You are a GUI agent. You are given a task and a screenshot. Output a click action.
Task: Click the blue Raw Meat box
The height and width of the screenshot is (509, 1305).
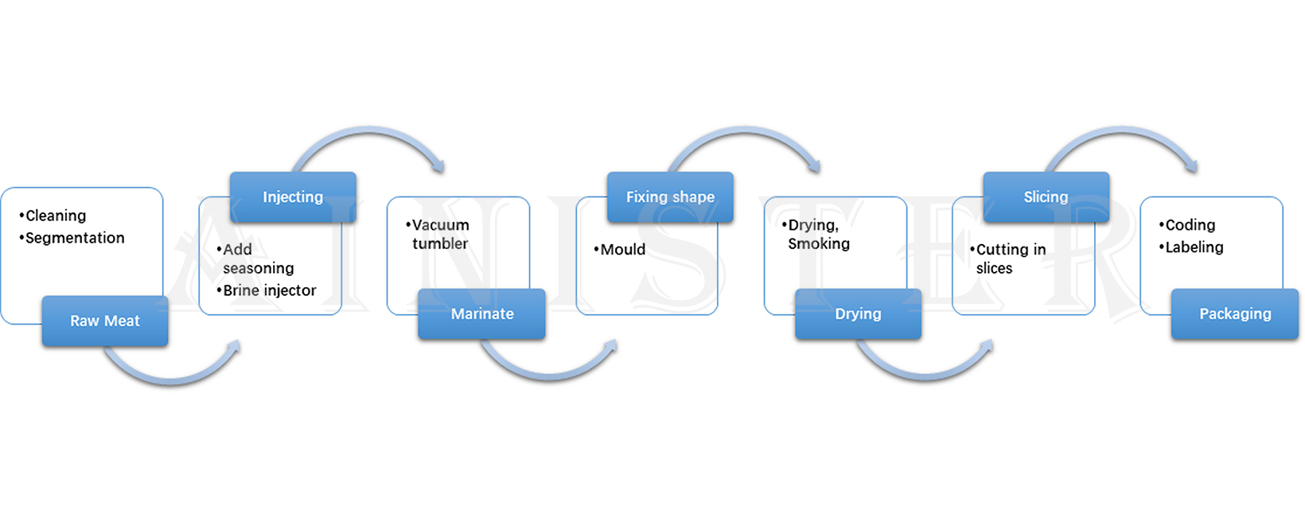coord(105,321)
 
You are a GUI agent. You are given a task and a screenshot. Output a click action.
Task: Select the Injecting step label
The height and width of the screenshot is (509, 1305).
coord(293,196)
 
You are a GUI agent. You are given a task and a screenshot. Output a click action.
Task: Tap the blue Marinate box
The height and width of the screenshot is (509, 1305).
coord(481,313)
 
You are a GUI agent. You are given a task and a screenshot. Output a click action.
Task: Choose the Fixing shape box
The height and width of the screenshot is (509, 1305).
coord(670,196)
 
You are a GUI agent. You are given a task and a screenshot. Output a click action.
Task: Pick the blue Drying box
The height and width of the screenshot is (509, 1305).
coord(858,313)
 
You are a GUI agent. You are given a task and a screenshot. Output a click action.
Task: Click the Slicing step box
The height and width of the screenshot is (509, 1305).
coord(1046,196)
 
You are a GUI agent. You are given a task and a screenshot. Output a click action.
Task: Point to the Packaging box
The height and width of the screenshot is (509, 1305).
coord(1234,313)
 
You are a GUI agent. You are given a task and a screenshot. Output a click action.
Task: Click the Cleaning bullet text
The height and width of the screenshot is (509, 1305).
coord(55,216)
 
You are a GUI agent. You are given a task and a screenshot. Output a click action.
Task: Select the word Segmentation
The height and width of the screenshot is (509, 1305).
coord(75,238)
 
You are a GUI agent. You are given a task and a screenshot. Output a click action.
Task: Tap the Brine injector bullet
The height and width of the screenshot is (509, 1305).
coord(269,290)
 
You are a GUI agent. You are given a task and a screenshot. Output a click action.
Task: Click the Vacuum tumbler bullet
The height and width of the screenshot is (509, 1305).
coord(440,234)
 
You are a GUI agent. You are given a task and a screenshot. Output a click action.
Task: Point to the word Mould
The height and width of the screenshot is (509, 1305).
coord(622,250)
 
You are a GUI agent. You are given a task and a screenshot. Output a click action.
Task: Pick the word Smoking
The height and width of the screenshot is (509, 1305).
coord(819,244)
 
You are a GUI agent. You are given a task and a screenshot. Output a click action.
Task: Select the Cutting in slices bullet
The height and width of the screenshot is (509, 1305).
coord(1010,258)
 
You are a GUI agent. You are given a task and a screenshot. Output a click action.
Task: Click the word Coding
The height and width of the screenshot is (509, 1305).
coord(1190,225)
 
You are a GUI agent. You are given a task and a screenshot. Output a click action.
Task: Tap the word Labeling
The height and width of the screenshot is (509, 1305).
coord(1194,247)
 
